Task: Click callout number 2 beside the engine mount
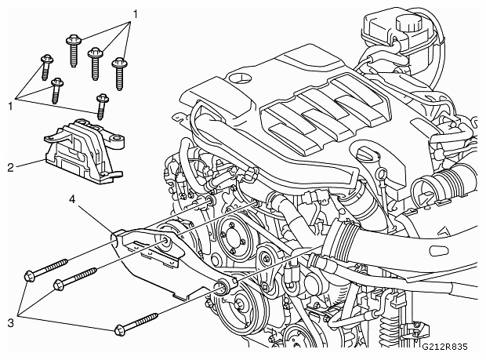click(10, 168)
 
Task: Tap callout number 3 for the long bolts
click(10, 323)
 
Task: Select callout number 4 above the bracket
click(72, 199)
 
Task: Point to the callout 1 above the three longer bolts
click(135, 14)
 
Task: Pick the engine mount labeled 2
click(85, 150)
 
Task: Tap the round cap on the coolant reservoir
click(408, 22)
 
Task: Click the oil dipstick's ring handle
click(382, 173)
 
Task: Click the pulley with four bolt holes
click(232, 239)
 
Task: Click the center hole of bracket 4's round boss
click(165, 241)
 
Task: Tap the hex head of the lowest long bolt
click(120, 330)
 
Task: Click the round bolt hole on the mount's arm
click(116, 139)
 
